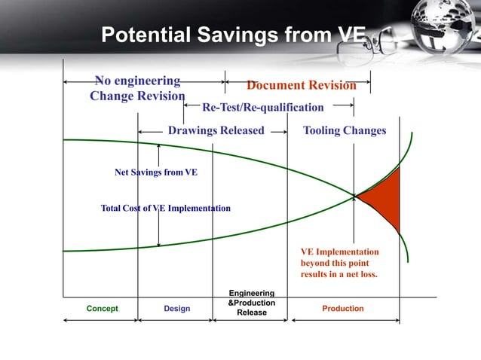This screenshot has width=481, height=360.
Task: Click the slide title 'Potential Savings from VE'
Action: click(x=233, y=35)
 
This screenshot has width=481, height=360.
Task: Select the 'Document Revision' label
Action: click(x=301, y=85)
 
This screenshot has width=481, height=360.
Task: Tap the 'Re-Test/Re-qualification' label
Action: click(x=262, y=107)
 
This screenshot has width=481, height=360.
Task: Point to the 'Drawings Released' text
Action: click(x=216, y=130)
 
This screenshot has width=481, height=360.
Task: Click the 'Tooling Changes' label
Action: click(x=344, y=130)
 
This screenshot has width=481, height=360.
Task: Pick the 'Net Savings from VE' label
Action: click(x=156, y=172)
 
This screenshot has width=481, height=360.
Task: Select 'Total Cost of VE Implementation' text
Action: click(x=166, y=208)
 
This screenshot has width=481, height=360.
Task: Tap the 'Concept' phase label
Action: click(x=102, y=309)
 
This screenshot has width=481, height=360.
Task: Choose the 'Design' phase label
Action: click(x=177, y=309)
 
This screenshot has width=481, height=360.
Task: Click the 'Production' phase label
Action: click(x=342, y=309)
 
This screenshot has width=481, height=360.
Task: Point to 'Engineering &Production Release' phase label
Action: click(x=251, y=302)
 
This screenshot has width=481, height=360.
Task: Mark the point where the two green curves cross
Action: click(x=354, y=197)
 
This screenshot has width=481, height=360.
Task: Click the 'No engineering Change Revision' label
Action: click(x=137, y=88)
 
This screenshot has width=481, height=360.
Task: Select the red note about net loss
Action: click(x=339, y=263)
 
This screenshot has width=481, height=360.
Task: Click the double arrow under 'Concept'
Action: click(x=101, y=320)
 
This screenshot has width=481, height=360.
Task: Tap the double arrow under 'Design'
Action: click(x=176, y=320)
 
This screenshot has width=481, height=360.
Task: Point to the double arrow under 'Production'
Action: click(x=345, y=320)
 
